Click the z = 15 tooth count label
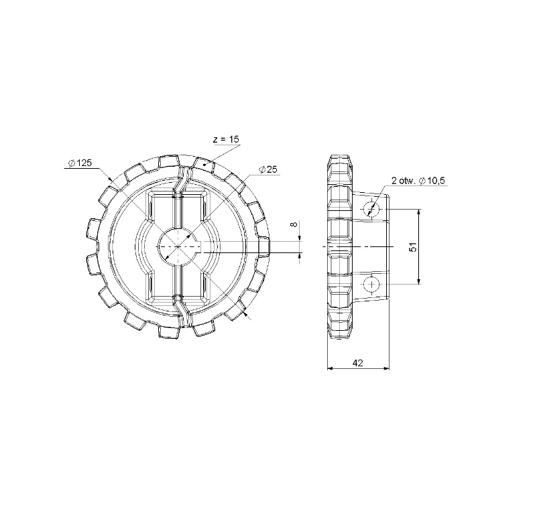tap(226, 139)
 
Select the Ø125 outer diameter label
tap(80, 163)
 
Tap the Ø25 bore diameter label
tap(268, 169)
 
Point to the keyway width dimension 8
tap(294, 224)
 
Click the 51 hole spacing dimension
tap(413, 246)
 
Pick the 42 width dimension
tap(358, 362)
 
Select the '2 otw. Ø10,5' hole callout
tap(419, 181)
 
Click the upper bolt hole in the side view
tap(371, 208)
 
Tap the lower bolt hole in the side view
tap(371, 284)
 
